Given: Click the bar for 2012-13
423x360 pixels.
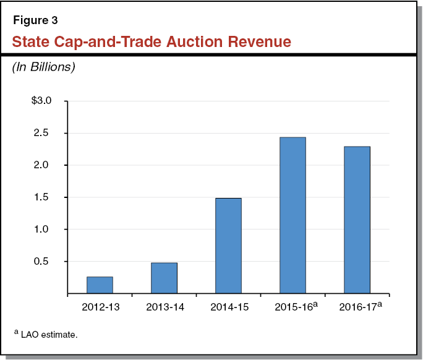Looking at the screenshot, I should pyautogui.click(x=100, y=285).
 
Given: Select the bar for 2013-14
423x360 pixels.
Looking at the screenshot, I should pyautogui.click(x=164, y=278).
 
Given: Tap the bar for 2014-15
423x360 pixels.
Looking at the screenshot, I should pyautogui.click(x=228, y=246).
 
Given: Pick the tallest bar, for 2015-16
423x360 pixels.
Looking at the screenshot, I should pyautogui.click(x=293, y=215).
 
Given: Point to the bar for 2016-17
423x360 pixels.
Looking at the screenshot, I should pyautogui.click(x=357, y=220).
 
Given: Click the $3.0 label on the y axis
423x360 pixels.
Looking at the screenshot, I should pyautogui.click(x=45, y=101).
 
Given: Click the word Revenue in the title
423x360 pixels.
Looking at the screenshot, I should pyautogui.click(x=254, y=42).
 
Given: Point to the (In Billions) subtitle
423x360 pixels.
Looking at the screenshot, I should pyautogui.click(x=43, y=67).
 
